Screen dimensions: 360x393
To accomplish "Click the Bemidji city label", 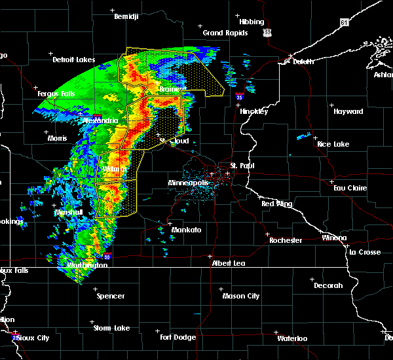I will point(126,16).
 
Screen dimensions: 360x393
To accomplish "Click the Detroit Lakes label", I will point(73,60).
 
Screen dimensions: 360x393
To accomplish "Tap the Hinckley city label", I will point(253,111).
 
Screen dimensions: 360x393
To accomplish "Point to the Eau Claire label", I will point(348,188).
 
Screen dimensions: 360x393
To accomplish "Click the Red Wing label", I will point(276,204).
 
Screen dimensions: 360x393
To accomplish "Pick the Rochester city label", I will point(286,240).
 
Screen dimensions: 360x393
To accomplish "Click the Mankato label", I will point(186,230).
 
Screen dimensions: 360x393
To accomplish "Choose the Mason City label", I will point(241,296).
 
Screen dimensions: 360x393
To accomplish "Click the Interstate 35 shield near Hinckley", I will point(240,96).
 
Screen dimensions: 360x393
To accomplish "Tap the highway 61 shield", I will point(345,22).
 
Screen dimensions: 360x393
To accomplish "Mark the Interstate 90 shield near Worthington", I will point(107,258).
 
